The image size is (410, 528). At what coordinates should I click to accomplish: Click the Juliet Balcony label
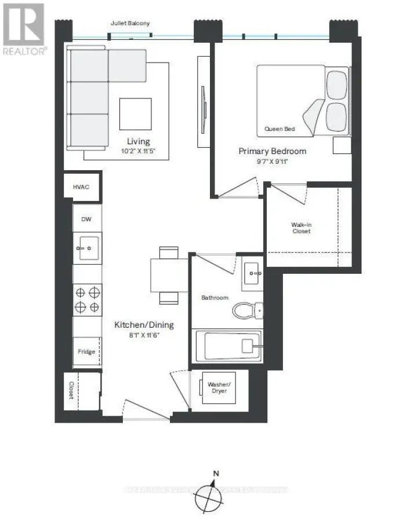130,24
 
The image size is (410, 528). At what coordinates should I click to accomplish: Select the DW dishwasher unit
87,219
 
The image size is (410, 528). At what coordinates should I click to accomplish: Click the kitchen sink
87,248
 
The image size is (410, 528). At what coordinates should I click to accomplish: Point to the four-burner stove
87,299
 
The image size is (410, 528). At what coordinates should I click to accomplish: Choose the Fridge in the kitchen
87,351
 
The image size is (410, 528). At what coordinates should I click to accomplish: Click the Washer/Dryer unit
220,391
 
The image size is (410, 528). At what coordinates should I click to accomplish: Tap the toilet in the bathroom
247,311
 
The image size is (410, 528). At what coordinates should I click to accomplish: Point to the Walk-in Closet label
301,228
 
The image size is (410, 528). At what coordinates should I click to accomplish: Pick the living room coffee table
135,113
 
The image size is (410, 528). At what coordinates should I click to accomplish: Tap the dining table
169,276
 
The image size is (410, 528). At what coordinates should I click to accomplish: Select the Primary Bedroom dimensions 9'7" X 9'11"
273,162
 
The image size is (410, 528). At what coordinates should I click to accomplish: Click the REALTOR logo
23,28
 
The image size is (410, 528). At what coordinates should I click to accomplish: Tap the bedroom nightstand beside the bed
342,145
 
